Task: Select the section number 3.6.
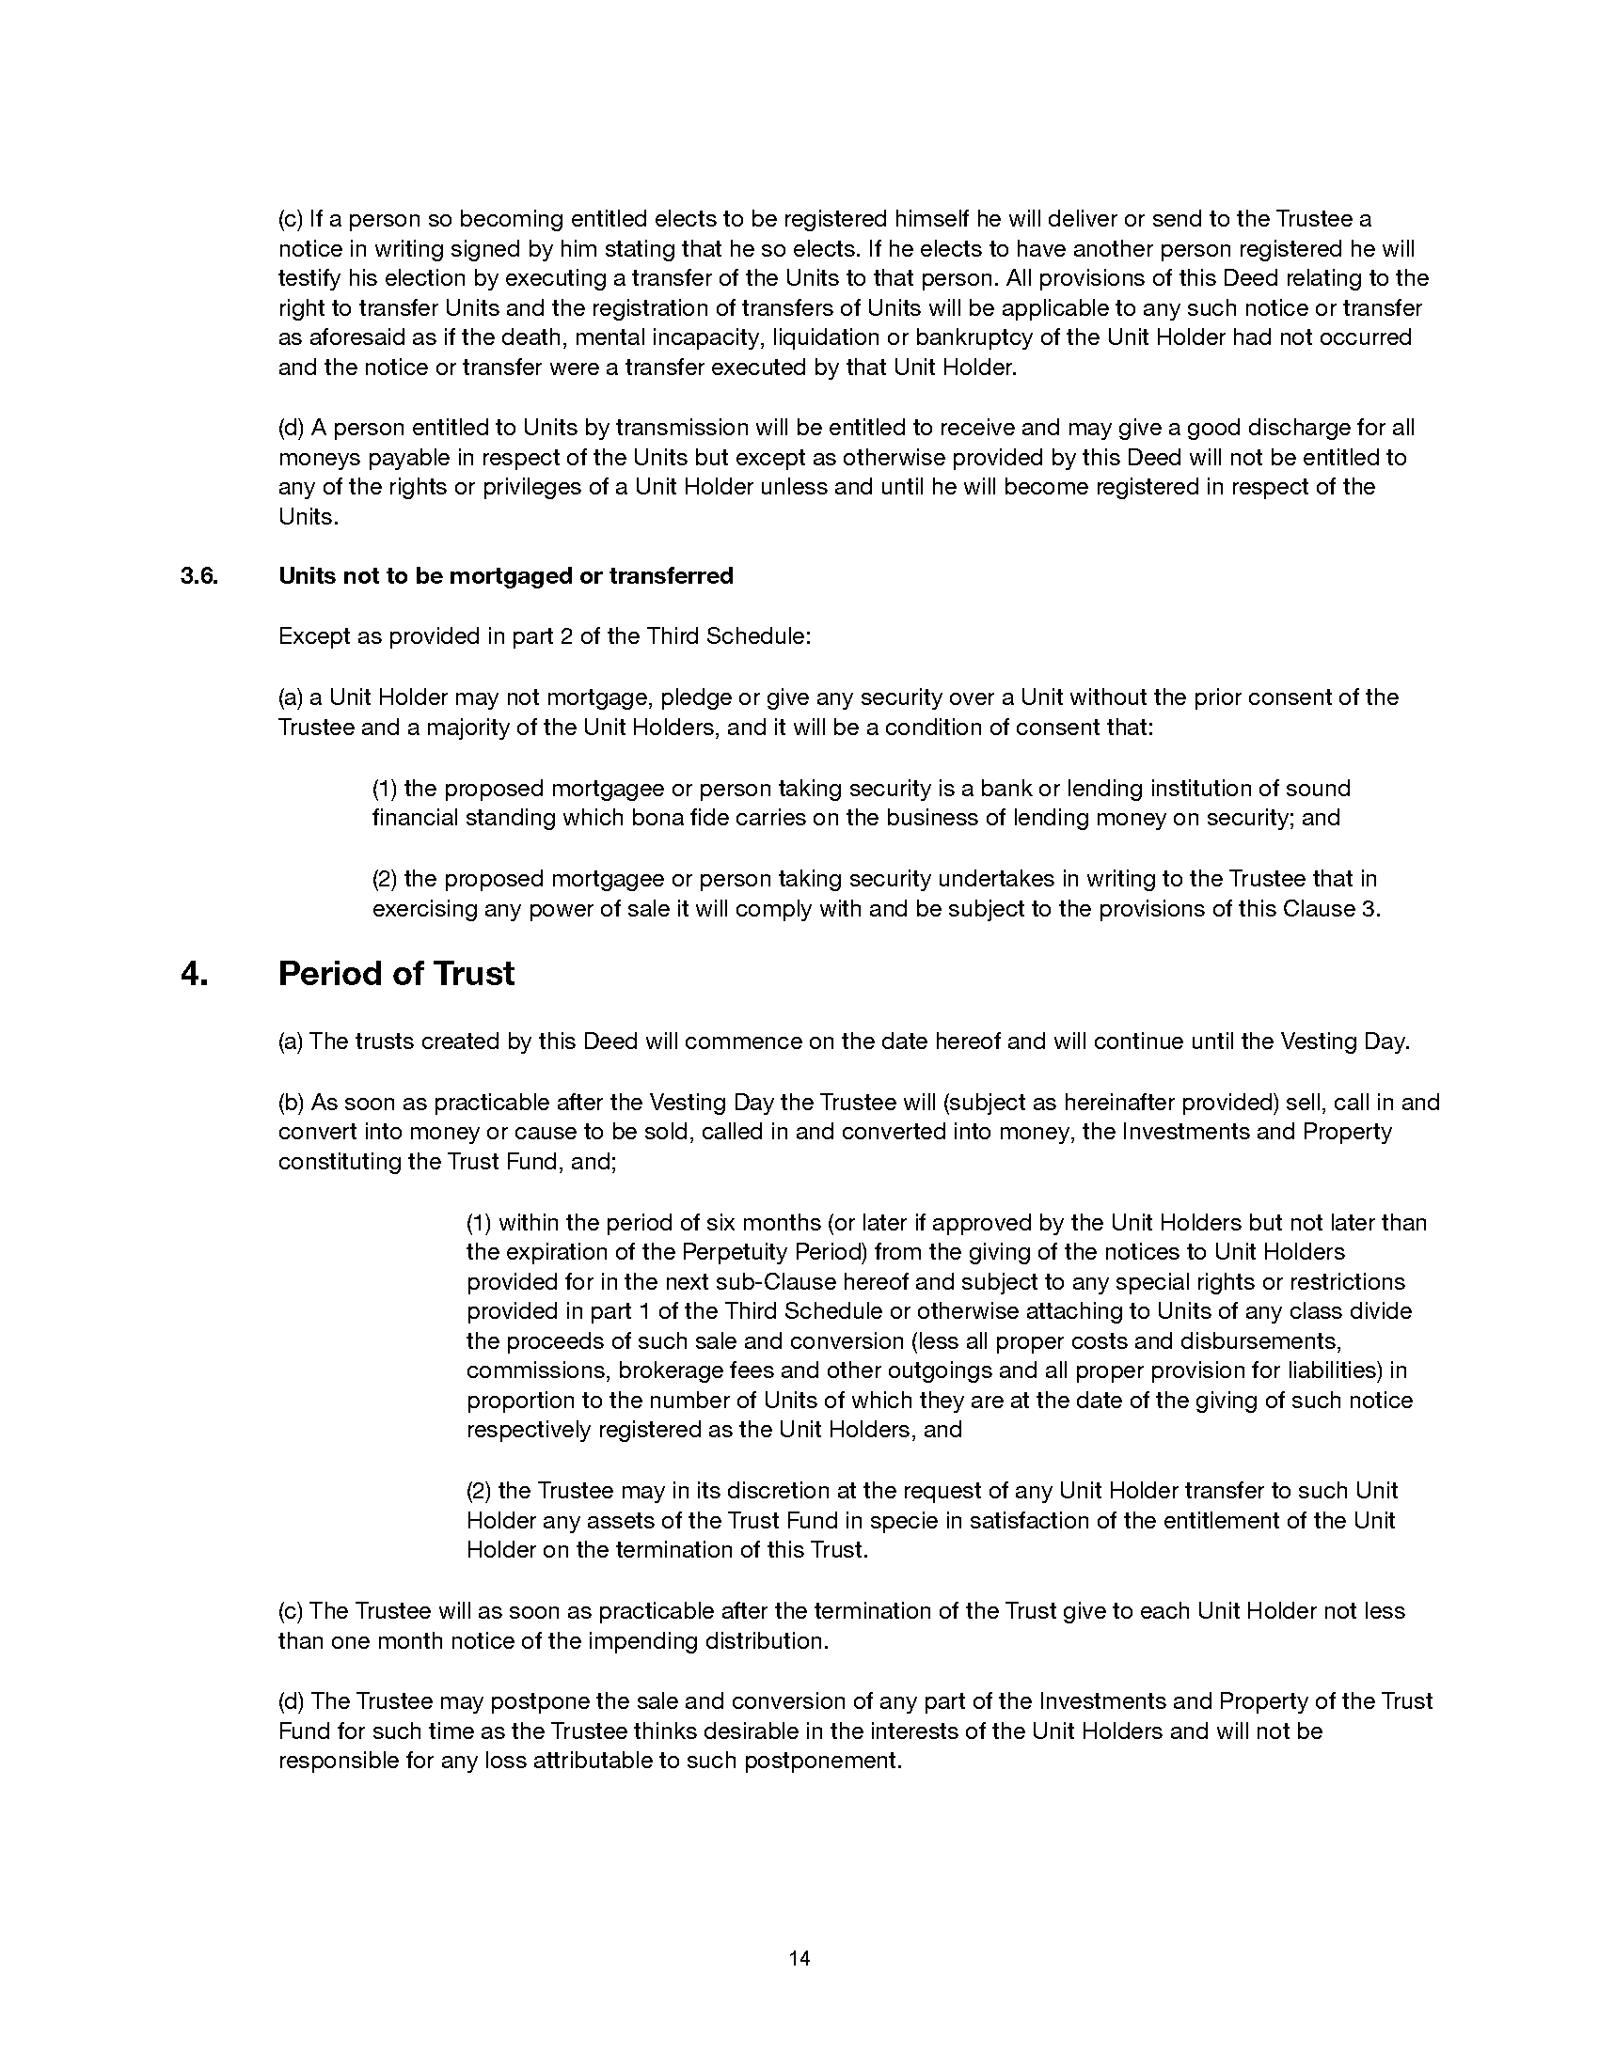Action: coord(198,575)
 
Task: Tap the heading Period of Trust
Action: coord(396,974)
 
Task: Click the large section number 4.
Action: coord(193,974)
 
